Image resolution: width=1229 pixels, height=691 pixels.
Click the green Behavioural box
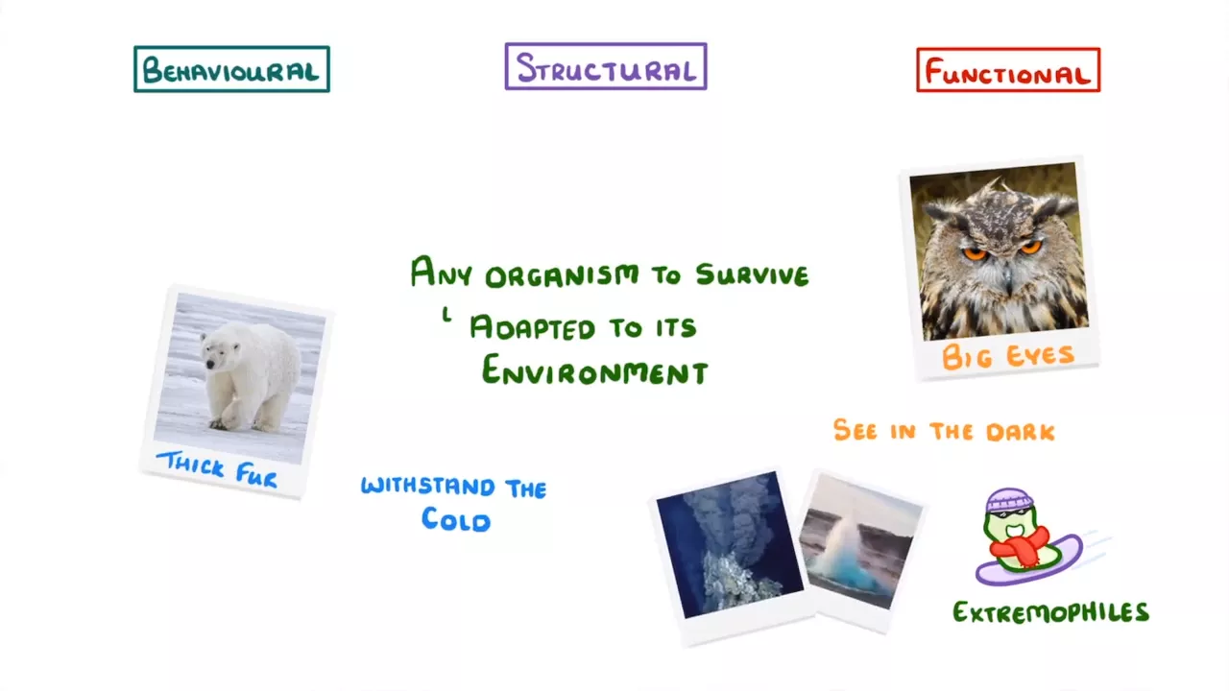click(x=231, y=69)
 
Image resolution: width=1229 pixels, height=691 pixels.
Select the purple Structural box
click(x=606, y=66)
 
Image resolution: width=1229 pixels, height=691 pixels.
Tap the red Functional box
click(x=1008, y=70)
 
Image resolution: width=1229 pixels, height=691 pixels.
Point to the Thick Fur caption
click(x=217, y=469)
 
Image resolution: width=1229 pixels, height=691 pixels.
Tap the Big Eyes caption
click(x=1008, y=356)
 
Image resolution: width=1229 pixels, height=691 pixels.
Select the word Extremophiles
click(x=1050, y=612)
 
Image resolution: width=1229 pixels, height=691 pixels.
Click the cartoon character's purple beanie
click(x=1009, y=500)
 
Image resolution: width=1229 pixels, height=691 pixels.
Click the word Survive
click(x=752, y=274)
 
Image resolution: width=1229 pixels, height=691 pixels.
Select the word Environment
click(x=594, y=370)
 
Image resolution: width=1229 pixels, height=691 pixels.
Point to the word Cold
click(x=455, y=519)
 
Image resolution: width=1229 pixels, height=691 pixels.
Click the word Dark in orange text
click(x=1020, y=432)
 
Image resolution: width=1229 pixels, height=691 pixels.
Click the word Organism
click(x=563, y=275)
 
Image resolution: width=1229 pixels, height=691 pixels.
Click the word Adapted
click(x=532, y=327)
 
